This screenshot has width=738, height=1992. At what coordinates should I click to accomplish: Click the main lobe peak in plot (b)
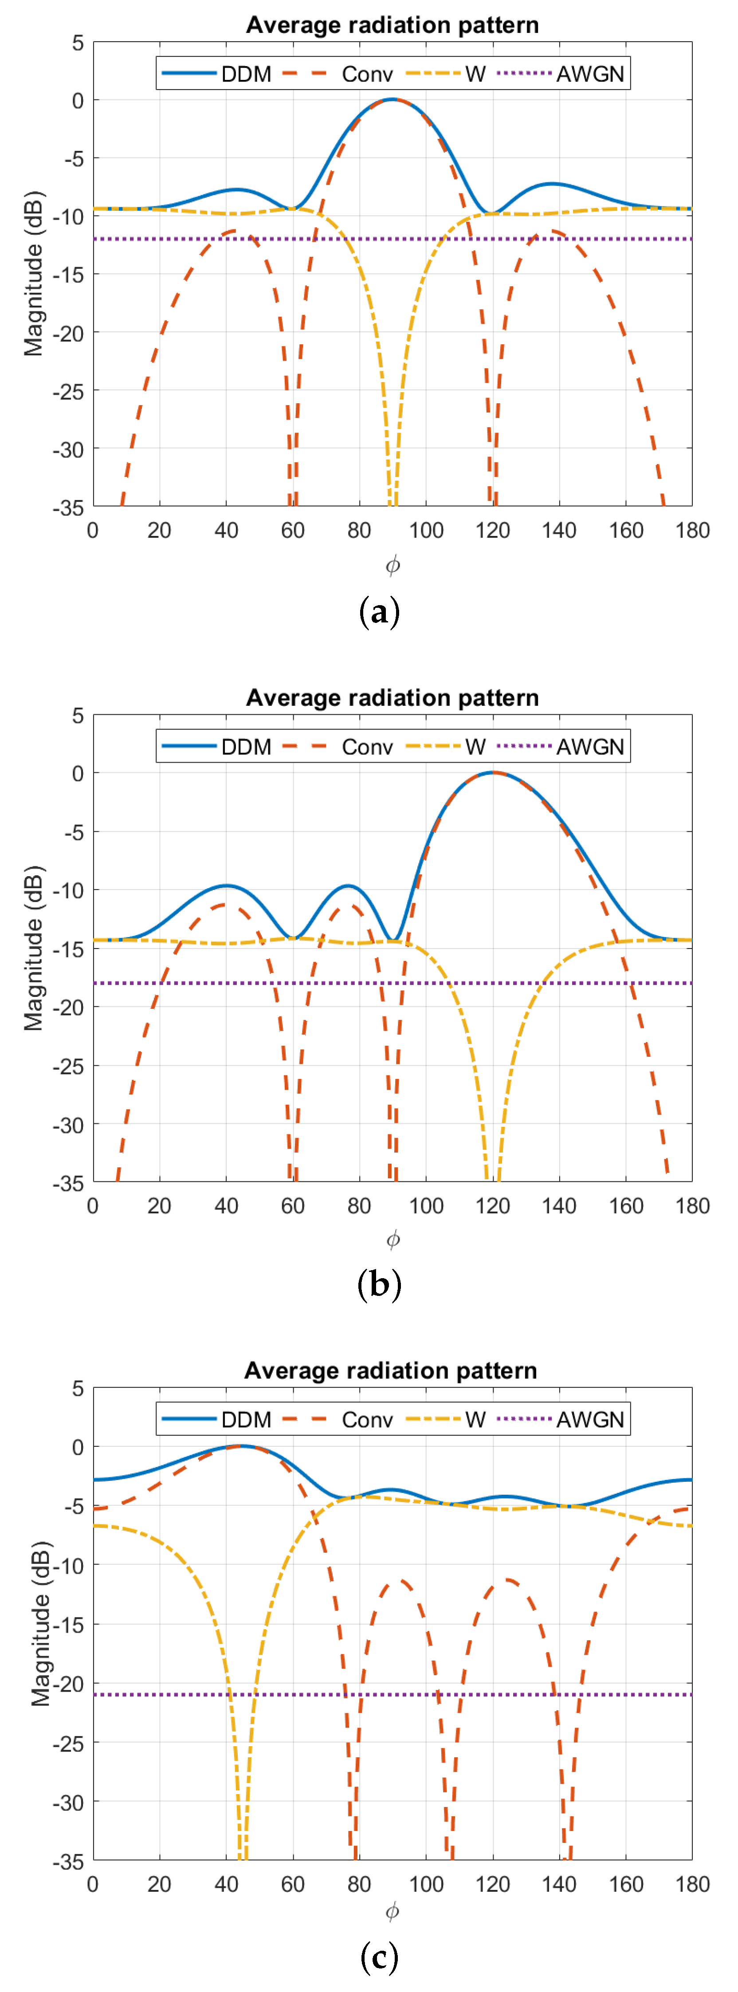[x=492, y=772]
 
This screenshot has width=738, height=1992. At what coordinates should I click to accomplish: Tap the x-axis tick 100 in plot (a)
[x=426, y=531]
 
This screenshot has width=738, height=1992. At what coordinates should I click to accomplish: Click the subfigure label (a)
[x=380, y=612]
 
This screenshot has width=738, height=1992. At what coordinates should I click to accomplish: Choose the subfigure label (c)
[x=380, y=1957]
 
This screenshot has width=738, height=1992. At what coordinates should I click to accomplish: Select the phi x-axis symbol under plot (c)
[x=393, y=1912]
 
